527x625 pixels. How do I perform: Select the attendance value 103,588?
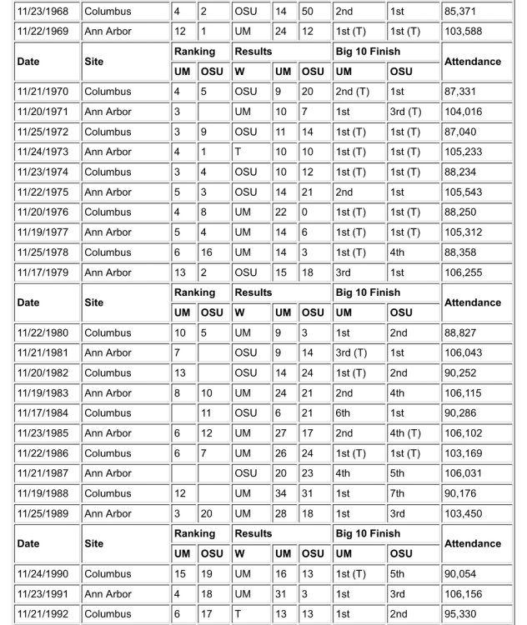coord(464,32)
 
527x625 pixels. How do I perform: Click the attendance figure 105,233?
coord(464,152)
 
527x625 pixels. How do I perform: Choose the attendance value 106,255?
coord(464,272)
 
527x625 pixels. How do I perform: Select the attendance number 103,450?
coord(464,513)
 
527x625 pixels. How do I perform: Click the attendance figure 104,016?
coord(464,112)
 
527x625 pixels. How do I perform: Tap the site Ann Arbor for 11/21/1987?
coord(108,473)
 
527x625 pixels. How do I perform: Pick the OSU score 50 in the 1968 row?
coord(306,12)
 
